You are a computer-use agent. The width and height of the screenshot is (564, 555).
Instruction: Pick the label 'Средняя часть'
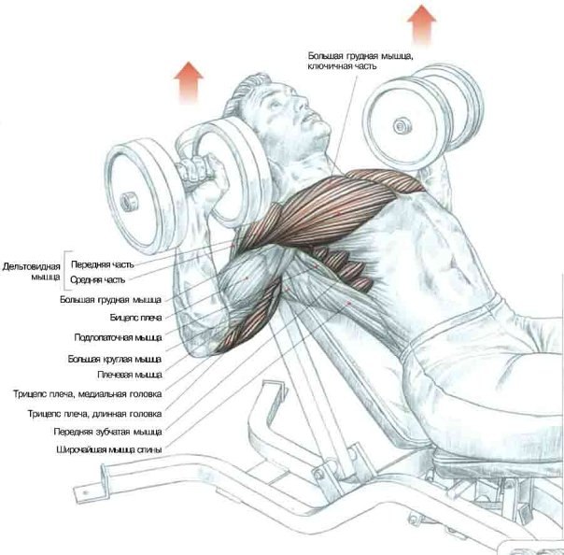click(101, 278)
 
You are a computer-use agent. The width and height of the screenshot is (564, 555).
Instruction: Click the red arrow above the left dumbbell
click(191, 80)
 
